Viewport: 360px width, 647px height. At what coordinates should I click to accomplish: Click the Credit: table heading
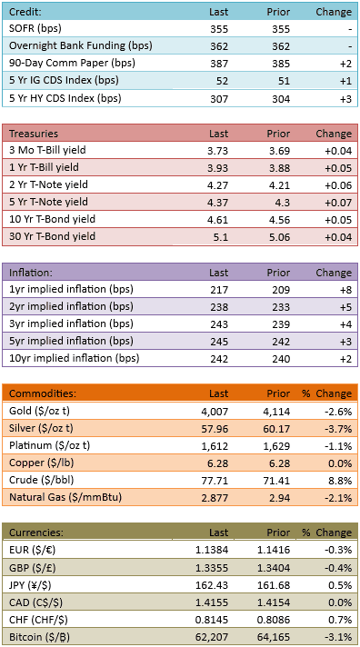click(x=24, y=12)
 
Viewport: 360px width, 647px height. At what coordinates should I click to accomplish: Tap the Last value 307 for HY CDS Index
click(x=219, y=99)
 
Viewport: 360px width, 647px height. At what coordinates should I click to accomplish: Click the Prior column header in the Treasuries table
click(x=278, y=134)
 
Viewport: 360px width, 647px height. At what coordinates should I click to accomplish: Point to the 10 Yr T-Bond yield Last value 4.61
click(x=217, y=220)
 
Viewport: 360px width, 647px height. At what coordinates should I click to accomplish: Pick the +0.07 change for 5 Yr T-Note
click(x=338, y=202)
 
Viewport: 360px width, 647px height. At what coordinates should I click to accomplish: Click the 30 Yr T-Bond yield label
click(x=53, y=236)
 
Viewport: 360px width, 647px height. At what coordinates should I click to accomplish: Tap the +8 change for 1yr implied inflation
click(x=346, y=290)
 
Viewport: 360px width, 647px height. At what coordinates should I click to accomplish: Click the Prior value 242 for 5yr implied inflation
click(x=281, y=342)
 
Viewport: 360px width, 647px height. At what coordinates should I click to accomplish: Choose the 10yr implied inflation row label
click(x=75, y=358)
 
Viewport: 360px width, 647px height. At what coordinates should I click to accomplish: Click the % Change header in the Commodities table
click(x=327, y=393)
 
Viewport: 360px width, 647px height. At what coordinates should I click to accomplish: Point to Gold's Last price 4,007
click(x=216, y=412)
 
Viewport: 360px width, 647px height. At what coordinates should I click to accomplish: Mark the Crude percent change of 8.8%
click(x=343, y=481)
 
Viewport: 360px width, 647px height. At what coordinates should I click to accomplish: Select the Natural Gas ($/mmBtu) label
click(x=65, y=498)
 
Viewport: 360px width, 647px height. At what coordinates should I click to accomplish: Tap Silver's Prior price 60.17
click(x=279, y=429)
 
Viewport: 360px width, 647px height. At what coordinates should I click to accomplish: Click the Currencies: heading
click(x=36, y=533)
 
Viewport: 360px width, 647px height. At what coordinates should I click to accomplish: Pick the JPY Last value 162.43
click(x=215, y=585)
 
